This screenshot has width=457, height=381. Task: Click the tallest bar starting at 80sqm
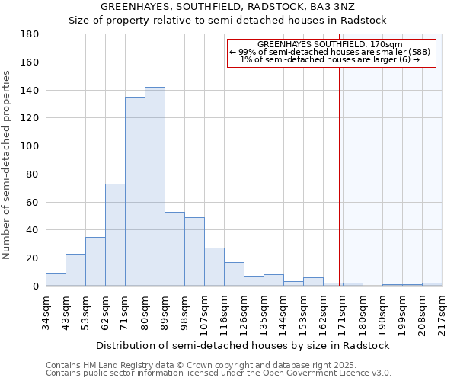155,187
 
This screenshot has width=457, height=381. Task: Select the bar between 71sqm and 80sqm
135,191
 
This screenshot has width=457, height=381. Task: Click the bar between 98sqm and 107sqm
194,251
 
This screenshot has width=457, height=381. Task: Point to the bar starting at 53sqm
95,261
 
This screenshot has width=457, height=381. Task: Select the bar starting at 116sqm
234,274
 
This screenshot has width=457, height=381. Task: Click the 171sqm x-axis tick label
343,313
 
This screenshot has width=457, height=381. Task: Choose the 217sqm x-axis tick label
442,313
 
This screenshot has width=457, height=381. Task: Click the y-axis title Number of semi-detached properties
8,165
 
